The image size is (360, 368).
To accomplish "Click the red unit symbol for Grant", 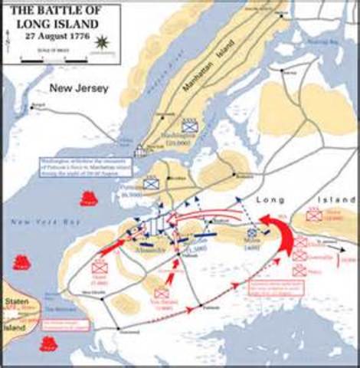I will click(99, 268).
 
